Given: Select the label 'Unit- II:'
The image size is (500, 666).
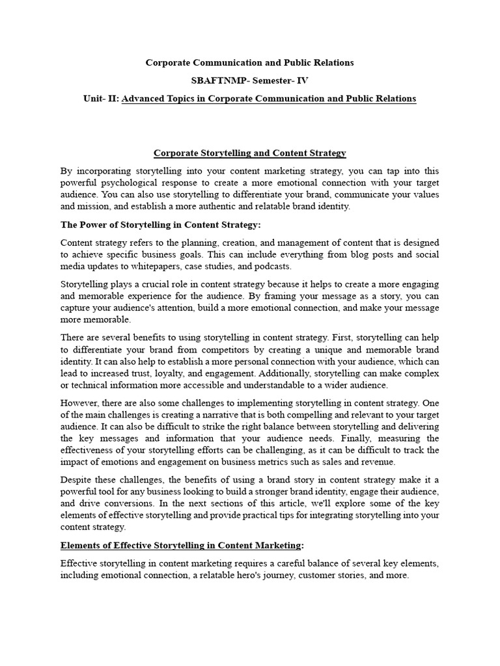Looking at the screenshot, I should pyautogui.click(x=102, y=99).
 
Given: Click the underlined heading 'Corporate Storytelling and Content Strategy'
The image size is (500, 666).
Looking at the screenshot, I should pyautogui.click(x=250, y=153).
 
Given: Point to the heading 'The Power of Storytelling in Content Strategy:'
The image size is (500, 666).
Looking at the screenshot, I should pyautogui.click(x=160, y=224).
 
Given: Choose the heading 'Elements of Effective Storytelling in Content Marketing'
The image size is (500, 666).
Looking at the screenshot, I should pyautogui.click(x=181, y=544).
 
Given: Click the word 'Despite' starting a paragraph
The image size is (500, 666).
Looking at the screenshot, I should pyautogui.click(x=77, y=480).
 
